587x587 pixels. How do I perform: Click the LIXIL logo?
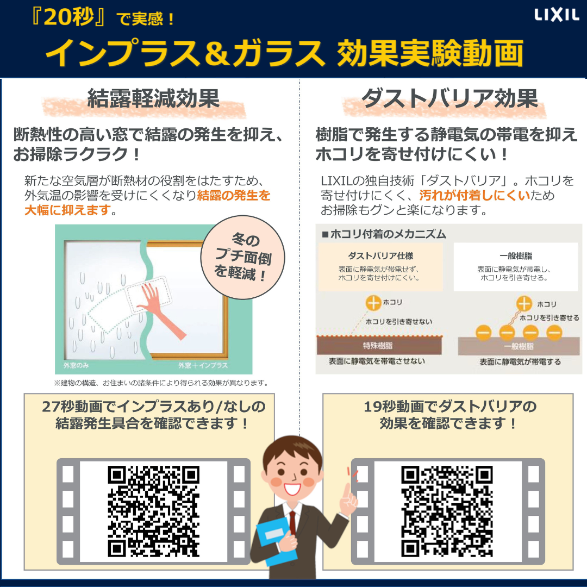click(x=557, y=15)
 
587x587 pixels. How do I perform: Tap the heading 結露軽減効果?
click(x=153, y=99)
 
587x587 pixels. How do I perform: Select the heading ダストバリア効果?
click(x=449, y=99)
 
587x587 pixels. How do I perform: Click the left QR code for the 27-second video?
click(x=153, y=511)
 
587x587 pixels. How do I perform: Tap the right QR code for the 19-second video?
click(x=447, y=511)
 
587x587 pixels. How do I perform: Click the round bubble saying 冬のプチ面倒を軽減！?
click(x=242, y=257)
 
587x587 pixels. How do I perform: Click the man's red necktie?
click(x=292, y=523)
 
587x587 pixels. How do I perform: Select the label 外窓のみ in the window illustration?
click(x=76, y=365)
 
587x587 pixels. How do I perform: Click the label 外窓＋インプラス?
click(x=203, y=365)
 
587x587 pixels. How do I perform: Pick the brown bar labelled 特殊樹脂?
click(x=379, y=346)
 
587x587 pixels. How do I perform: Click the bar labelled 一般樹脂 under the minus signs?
click(x=519, y=346)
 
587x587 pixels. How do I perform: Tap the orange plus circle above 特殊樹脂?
click(x=373, y=303)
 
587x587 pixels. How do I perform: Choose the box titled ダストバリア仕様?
click(x=380, y=267)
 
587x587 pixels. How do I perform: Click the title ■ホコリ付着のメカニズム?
click(x=384, y=234)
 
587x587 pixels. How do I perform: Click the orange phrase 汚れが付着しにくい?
click(x=474, y=195)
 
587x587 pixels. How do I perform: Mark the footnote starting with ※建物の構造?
click(x=161, y=383)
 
